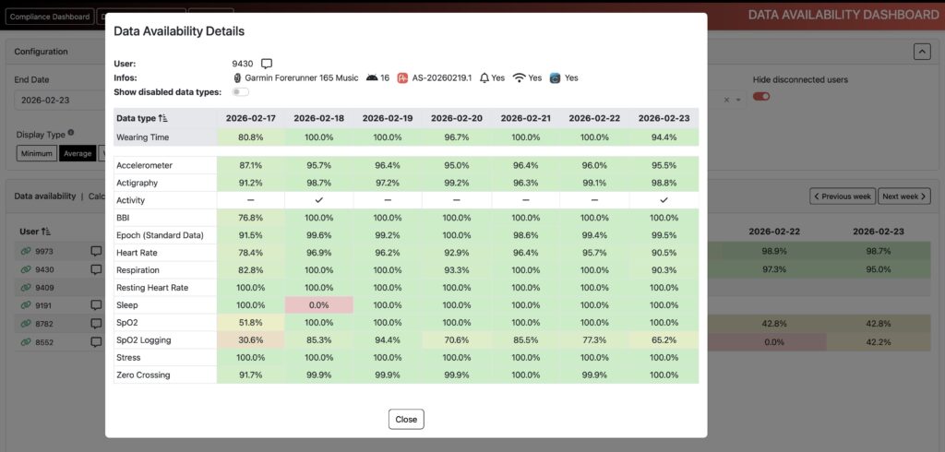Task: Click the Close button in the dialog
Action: point(406,419)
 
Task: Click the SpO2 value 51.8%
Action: point(250,323)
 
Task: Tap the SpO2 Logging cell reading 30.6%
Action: point(250,340)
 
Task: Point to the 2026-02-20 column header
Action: point(456,118)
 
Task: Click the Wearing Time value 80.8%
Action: point(250,137)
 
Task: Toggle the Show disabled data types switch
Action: point(241,92)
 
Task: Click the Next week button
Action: point(903,196)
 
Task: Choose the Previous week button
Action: point(842,196)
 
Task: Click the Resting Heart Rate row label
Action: point(152,288)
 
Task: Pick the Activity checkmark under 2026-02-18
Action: point(318,200)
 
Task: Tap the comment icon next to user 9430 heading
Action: point(267,64)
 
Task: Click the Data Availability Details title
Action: point(179,31)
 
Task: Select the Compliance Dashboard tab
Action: point(50,17)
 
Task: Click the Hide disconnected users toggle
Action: point(761,96)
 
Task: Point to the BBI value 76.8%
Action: point(250,218)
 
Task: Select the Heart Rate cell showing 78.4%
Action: point(250,253)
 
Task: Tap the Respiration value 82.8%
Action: point(250,270)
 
